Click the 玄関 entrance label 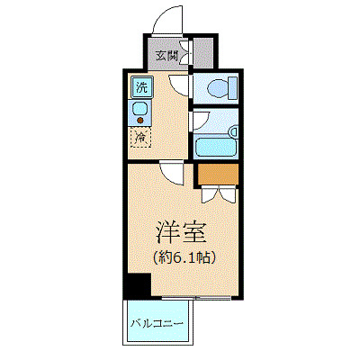pos(166,55)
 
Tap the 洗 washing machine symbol pos(141,87)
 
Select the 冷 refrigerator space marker pos(141,138)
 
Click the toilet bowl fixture pos(219,88)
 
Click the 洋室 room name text pos(183,231)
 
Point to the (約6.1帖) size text pos(183,257)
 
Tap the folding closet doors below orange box pos(218,192)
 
